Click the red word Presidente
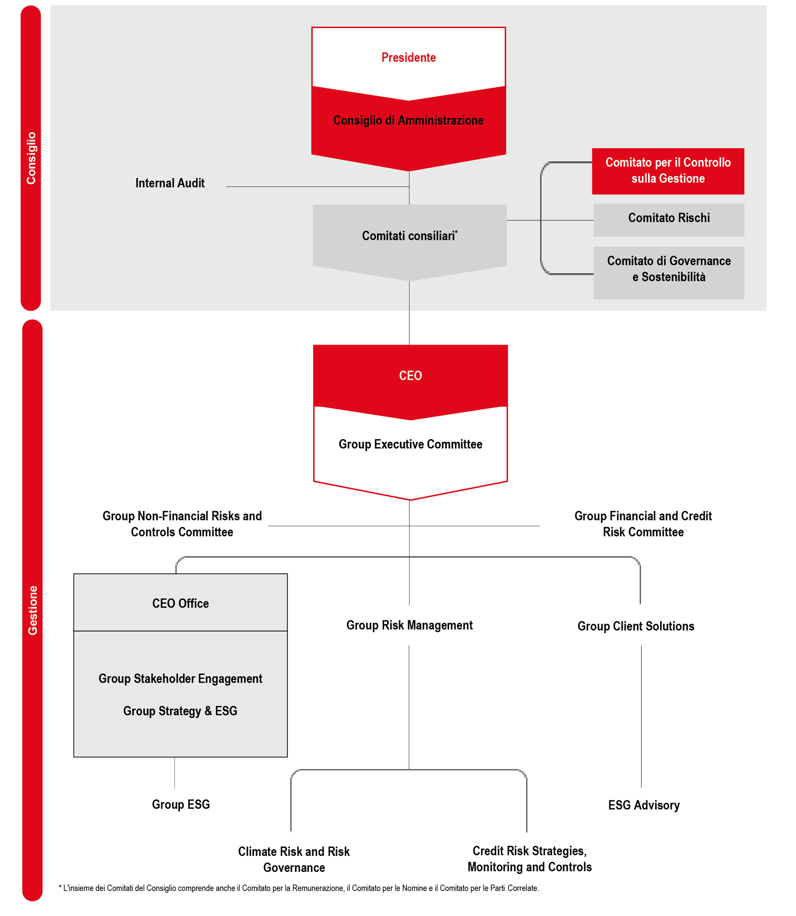coord(408,57)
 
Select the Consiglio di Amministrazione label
coord(408,120)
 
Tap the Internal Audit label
coord(170,183)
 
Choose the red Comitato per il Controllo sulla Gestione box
coord(668,171)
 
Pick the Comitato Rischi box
coord(669,220)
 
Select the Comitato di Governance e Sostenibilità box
coord(669,273)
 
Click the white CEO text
coord(410,375)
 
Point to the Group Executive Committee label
coord(410,444)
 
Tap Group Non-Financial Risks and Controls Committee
coord(182,524)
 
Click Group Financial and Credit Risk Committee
coord(643,524)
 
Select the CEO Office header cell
coord(180,602)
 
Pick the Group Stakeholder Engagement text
coord(180,678)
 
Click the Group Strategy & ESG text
coord(180,711)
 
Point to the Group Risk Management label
coord(409,625)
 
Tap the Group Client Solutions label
coord(636,626)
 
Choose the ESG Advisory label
coord(644,805)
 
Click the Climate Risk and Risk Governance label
coord(294,859)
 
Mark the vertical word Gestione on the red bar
coord(33,610)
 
